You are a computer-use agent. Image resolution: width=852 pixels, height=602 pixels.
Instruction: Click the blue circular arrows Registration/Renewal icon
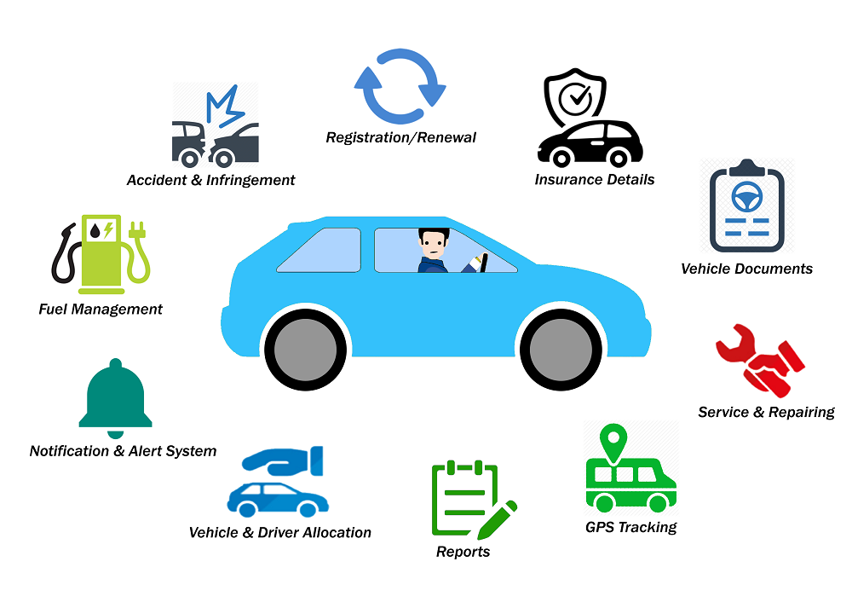400,86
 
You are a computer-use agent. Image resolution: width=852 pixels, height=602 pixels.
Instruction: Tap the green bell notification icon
115,396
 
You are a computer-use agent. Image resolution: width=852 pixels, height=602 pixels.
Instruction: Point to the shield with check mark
575,97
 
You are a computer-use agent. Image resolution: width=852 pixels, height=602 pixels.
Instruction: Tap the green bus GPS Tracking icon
630,483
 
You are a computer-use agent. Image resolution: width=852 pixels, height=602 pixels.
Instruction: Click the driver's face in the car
433,246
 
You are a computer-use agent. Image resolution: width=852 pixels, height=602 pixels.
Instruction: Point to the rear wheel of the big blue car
306,348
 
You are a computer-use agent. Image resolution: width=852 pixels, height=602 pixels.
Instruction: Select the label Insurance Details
595,180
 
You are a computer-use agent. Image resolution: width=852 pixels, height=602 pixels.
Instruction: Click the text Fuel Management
101,309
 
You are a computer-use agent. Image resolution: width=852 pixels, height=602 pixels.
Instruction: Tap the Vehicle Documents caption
746,269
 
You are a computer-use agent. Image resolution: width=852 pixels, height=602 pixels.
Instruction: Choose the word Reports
463,552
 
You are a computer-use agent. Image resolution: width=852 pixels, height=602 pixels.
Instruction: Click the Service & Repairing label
766,412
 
